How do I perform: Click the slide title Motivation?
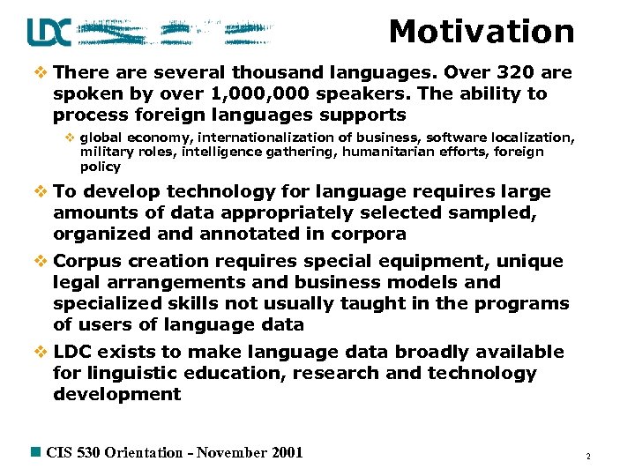482,32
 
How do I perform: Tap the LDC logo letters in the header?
49,33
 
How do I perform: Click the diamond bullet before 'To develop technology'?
41,192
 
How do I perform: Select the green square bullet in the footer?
36,452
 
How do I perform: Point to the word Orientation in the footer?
144,452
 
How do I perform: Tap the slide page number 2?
587,457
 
